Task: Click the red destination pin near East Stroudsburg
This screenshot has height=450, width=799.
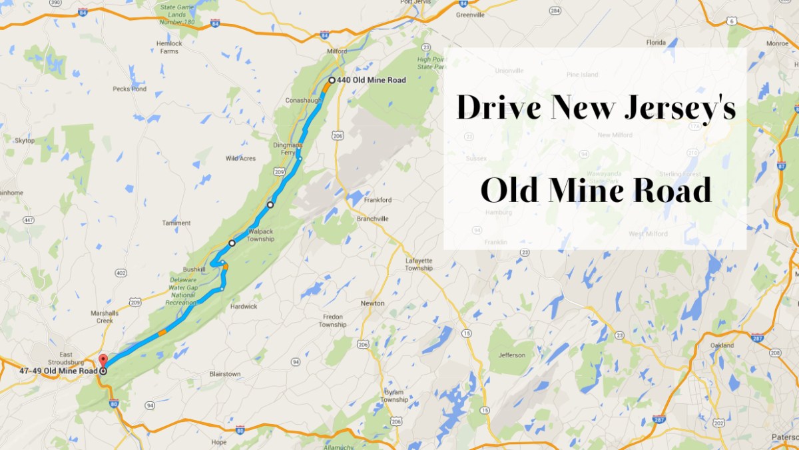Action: [x=102, y=361]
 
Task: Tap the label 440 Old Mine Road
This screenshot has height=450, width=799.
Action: [x=371, y=80]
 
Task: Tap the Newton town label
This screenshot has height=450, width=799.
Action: [x=372, y=303]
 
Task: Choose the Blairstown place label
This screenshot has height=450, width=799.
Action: [x=224, y=374]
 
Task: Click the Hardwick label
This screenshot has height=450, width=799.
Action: [x=243, y=307]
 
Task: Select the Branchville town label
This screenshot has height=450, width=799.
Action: [x=372, y=219]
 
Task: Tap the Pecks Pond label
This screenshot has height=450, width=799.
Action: [x=129, y=89]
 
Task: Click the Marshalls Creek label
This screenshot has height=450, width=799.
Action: [x=105, y=317]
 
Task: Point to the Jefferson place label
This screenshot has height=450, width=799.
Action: [x=512, y=355]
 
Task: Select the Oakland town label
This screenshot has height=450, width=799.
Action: [x=722, y=345]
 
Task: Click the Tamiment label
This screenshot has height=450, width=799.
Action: [x=176, y=223]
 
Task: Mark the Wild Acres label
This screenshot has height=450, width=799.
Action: [x=241, y=158]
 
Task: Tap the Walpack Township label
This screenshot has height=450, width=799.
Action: [x=261, y=235]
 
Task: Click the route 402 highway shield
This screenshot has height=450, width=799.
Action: [x=121, y=272]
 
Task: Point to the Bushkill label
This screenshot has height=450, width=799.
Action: [x=195, y=269]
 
